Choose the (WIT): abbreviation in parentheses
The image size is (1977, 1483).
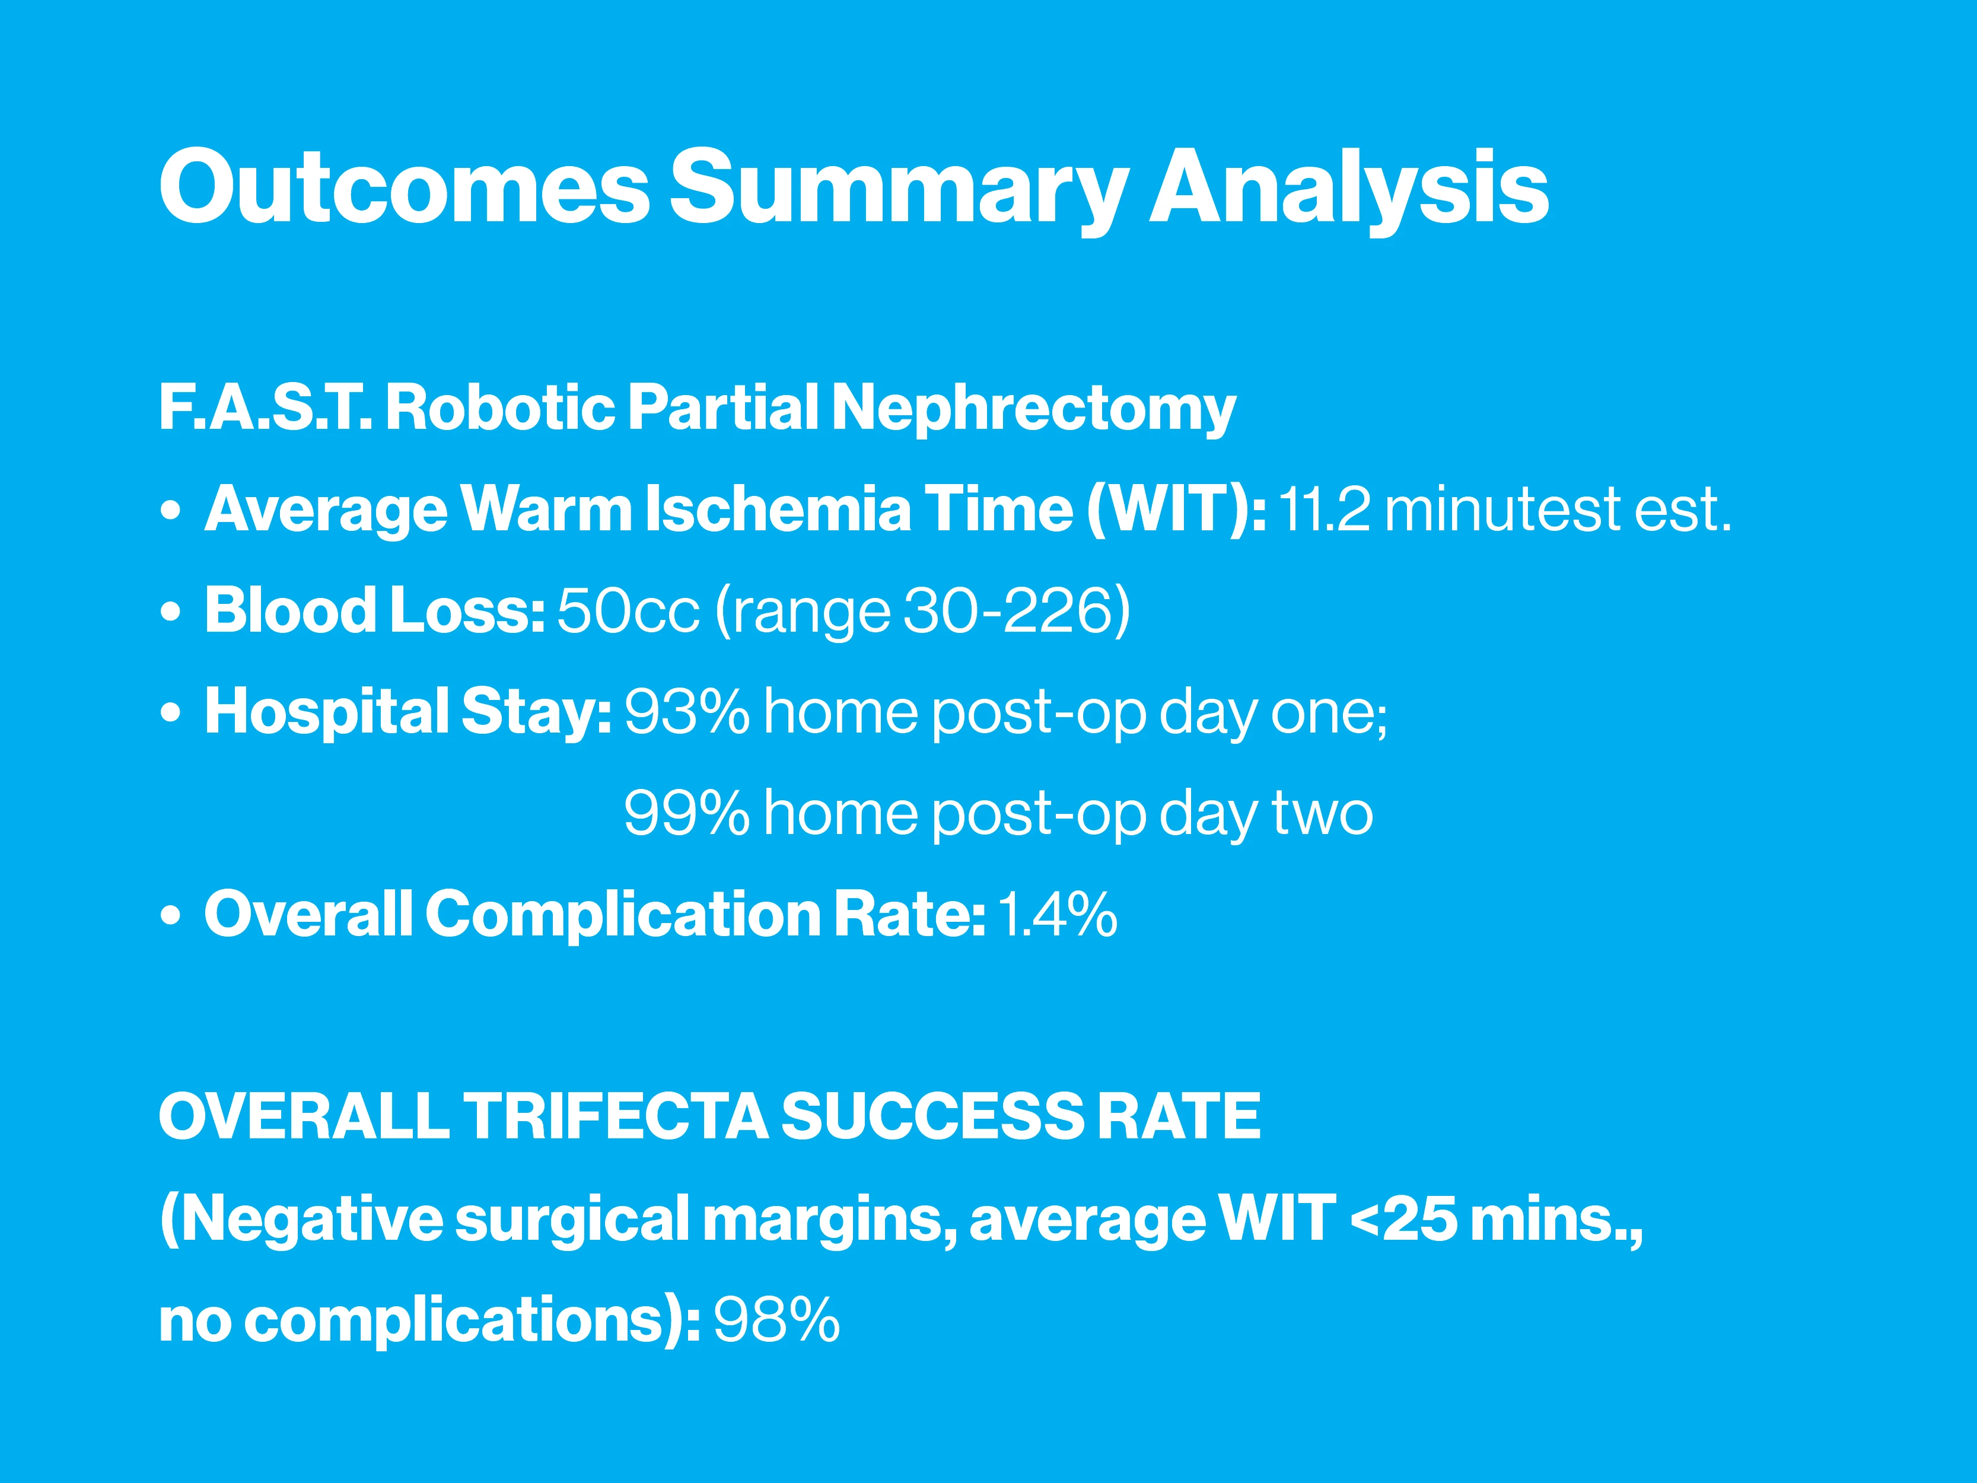[1176, 510]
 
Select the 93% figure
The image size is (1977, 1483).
[686, 712]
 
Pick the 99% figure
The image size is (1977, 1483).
[686, 813]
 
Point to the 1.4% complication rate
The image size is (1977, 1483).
[1056, 915]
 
